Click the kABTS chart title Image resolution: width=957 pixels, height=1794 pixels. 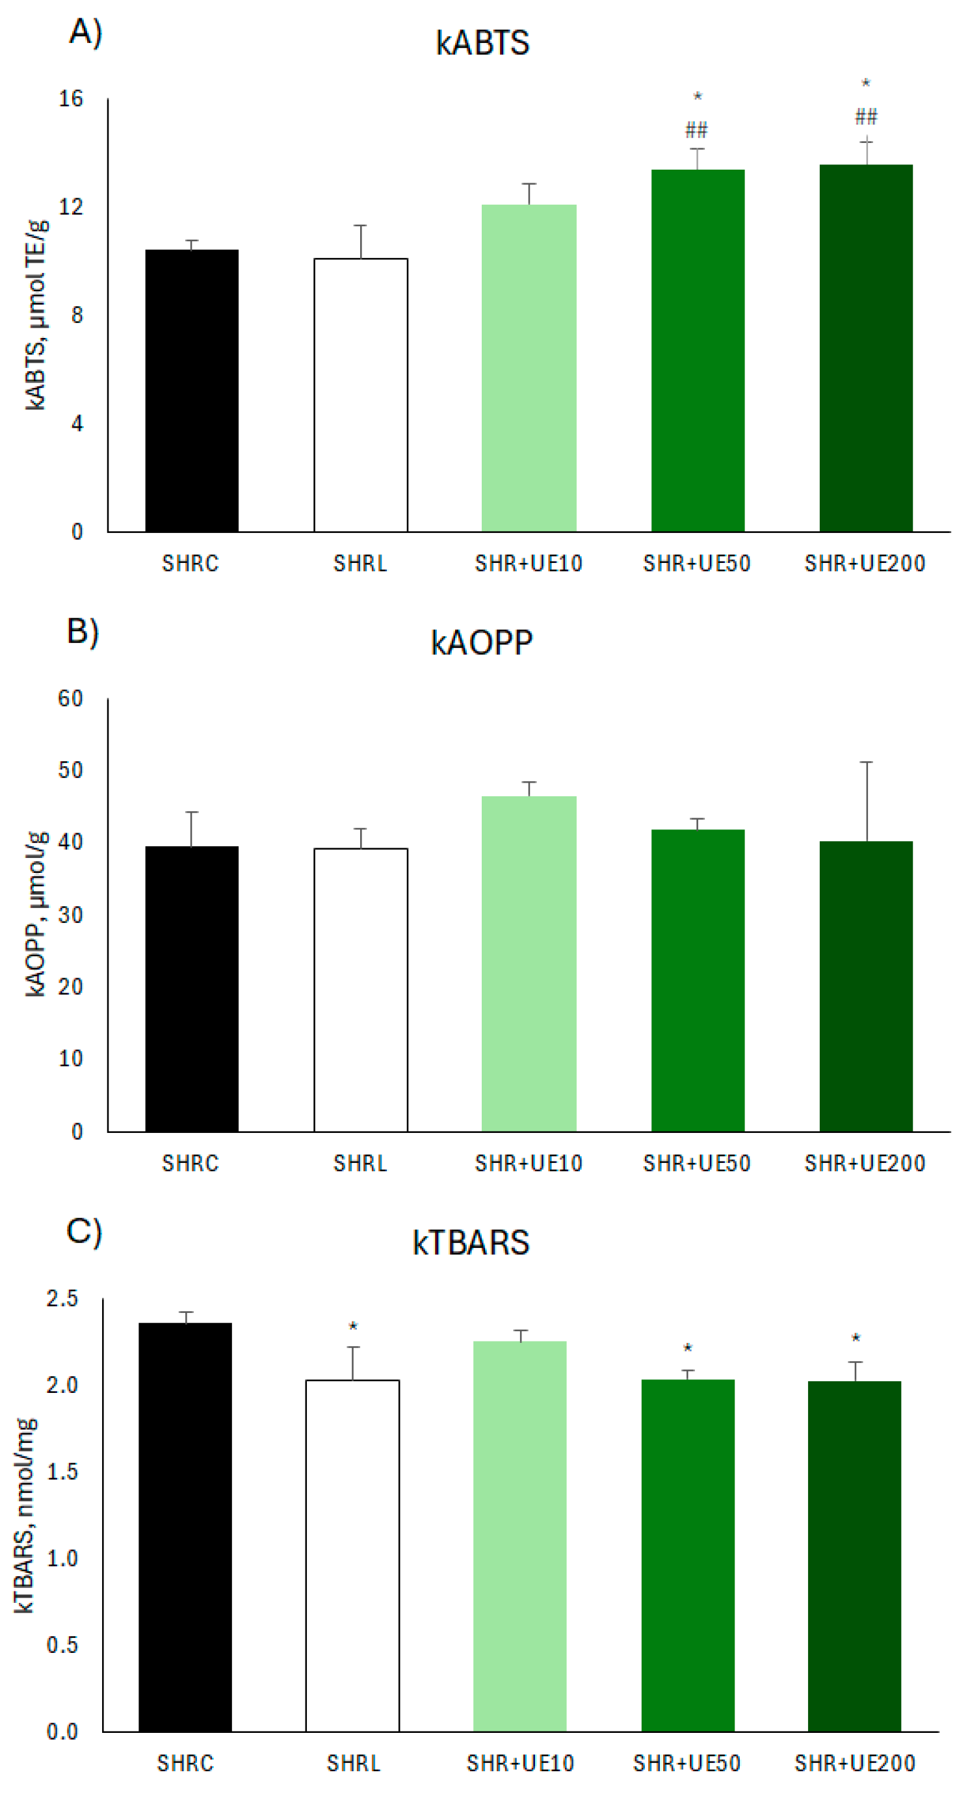click(482, 43)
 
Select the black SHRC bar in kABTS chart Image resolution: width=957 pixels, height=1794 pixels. click(192, 390)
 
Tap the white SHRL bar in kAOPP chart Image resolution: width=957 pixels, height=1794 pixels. click(360, 989)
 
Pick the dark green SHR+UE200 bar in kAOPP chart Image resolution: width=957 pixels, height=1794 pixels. click(865, 985)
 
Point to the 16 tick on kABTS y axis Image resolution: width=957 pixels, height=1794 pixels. click(70, 99)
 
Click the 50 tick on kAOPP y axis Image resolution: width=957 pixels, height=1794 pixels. click(70, 770)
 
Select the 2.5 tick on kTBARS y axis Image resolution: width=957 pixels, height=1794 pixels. click(62, 1298)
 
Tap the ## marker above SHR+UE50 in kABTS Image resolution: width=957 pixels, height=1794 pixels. click(696, 129)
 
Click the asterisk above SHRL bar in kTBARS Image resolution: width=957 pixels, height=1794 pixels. click(353, 1327)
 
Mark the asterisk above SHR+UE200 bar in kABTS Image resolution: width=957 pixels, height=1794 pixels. click(865, 84)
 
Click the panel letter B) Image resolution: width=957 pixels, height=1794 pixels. click(83, 631)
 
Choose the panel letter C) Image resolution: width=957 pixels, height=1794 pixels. click(84, 1230)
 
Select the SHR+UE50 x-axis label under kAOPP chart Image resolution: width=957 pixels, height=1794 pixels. click(696, 1163)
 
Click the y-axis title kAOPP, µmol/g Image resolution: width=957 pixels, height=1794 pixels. click(35, 914)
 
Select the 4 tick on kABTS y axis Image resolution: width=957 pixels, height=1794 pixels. click(77, 423)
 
